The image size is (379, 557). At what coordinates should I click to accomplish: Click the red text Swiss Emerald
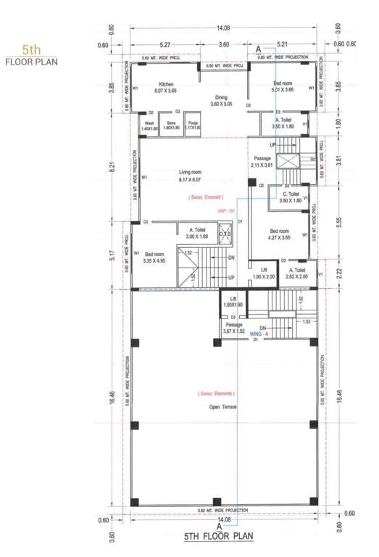(206, 197)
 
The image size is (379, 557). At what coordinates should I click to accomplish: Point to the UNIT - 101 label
(227, 210)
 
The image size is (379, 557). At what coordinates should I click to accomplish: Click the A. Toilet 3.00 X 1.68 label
(196, 233)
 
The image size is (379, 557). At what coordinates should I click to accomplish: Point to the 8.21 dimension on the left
(113, 167)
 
